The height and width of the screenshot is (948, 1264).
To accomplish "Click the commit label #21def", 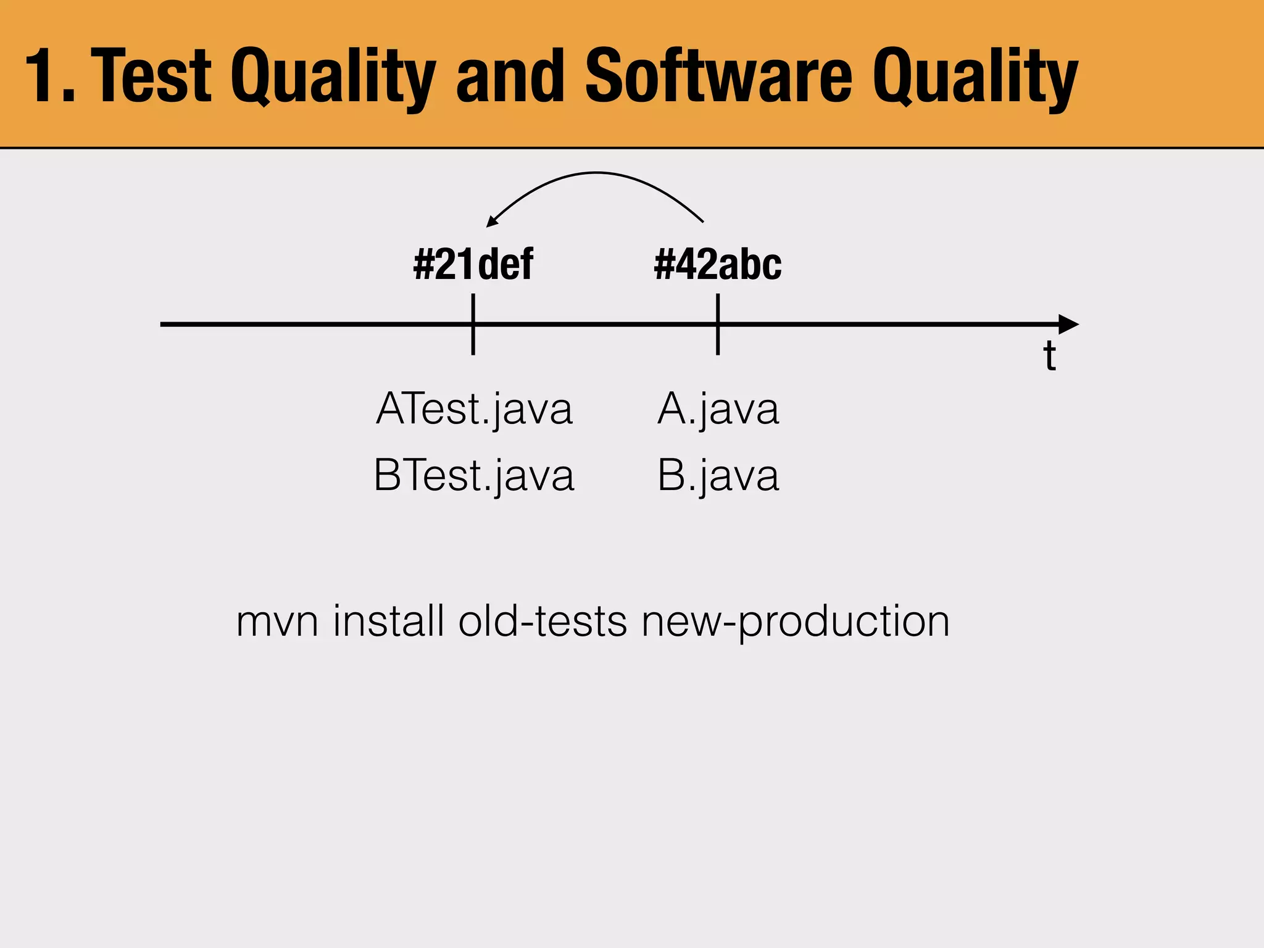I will click(x=473, y=264).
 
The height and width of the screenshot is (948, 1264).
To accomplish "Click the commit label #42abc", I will click(x=718, y=264).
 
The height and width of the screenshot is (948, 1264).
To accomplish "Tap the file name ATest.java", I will click(x=474, y=409).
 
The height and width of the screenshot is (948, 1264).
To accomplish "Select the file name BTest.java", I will click(x=474, y=475).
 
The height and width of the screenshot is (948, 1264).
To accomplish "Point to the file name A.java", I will click(x=718, y=409).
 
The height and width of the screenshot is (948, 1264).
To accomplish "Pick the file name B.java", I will click(x=718, y=475).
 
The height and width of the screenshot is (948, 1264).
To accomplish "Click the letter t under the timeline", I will click(x=1049, y=357).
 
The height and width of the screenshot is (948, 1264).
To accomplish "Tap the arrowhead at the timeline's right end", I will click(x=1068, y=324).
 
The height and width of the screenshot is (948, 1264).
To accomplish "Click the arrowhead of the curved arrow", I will click(x=493, y=221).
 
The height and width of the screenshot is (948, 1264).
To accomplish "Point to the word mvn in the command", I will click(x=277, y=622).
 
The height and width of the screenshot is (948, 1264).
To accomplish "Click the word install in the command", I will click(x=389, y=621).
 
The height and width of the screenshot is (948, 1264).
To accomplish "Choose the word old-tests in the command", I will click(x=543, y=621).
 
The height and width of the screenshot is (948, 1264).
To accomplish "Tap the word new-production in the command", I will click(x=795, y=622).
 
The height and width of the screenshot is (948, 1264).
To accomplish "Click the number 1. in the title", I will click(x=49, y=77).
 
